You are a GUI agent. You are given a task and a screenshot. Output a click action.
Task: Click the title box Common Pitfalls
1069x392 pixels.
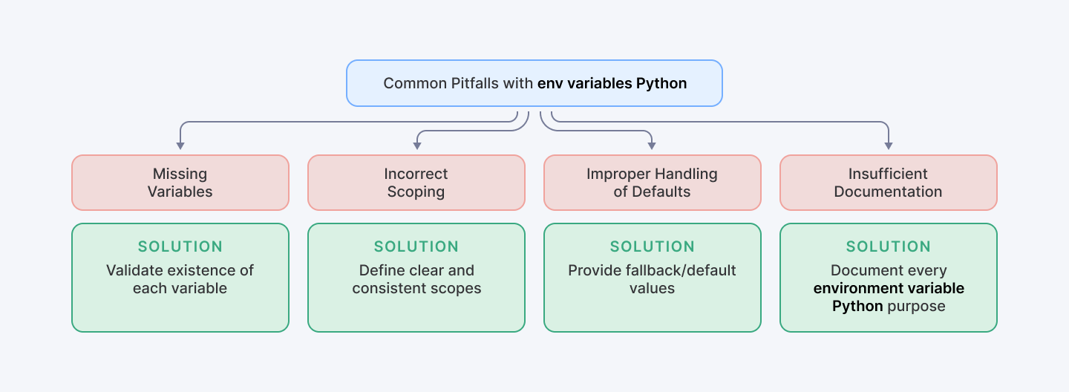tap(534, 83)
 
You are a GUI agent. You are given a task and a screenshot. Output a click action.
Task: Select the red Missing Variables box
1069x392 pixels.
tap(180, 183)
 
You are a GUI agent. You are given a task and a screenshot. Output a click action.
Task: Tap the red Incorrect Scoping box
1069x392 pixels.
tap(416, 183)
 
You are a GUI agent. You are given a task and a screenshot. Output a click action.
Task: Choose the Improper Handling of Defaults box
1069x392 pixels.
tap(652, 183)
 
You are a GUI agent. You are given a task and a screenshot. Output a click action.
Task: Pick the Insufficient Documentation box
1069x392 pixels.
tap(888, 183)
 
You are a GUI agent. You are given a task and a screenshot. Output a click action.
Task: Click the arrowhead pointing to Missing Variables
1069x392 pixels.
tap(180, 146)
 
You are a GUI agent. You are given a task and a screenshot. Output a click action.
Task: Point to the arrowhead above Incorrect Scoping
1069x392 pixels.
tap(416, 146)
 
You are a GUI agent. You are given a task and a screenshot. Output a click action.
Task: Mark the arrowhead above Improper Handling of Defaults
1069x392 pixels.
tap(652, 146)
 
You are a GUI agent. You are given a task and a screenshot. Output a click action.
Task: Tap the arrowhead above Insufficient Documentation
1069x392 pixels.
tap(888, 146)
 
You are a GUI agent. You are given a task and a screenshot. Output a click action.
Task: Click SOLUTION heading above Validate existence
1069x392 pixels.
tap(180, 246)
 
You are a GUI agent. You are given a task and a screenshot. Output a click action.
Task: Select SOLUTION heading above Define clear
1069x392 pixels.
tap(416, 246)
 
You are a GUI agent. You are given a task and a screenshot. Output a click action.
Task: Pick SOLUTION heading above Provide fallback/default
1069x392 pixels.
tap(652, 246)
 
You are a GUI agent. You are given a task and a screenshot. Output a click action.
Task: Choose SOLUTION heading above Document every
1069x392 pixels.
tap(888, 246)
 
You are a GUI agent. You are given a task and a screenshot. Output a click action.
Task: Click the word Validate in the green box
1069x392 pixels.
tap(131, 270)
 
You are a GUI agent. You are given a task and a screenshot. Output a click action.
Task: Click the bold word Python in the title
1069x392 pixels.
tap(661, 83)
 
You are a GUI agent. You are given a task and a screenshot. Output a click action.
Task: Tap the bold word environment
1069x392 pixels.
tap(852, 288)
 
